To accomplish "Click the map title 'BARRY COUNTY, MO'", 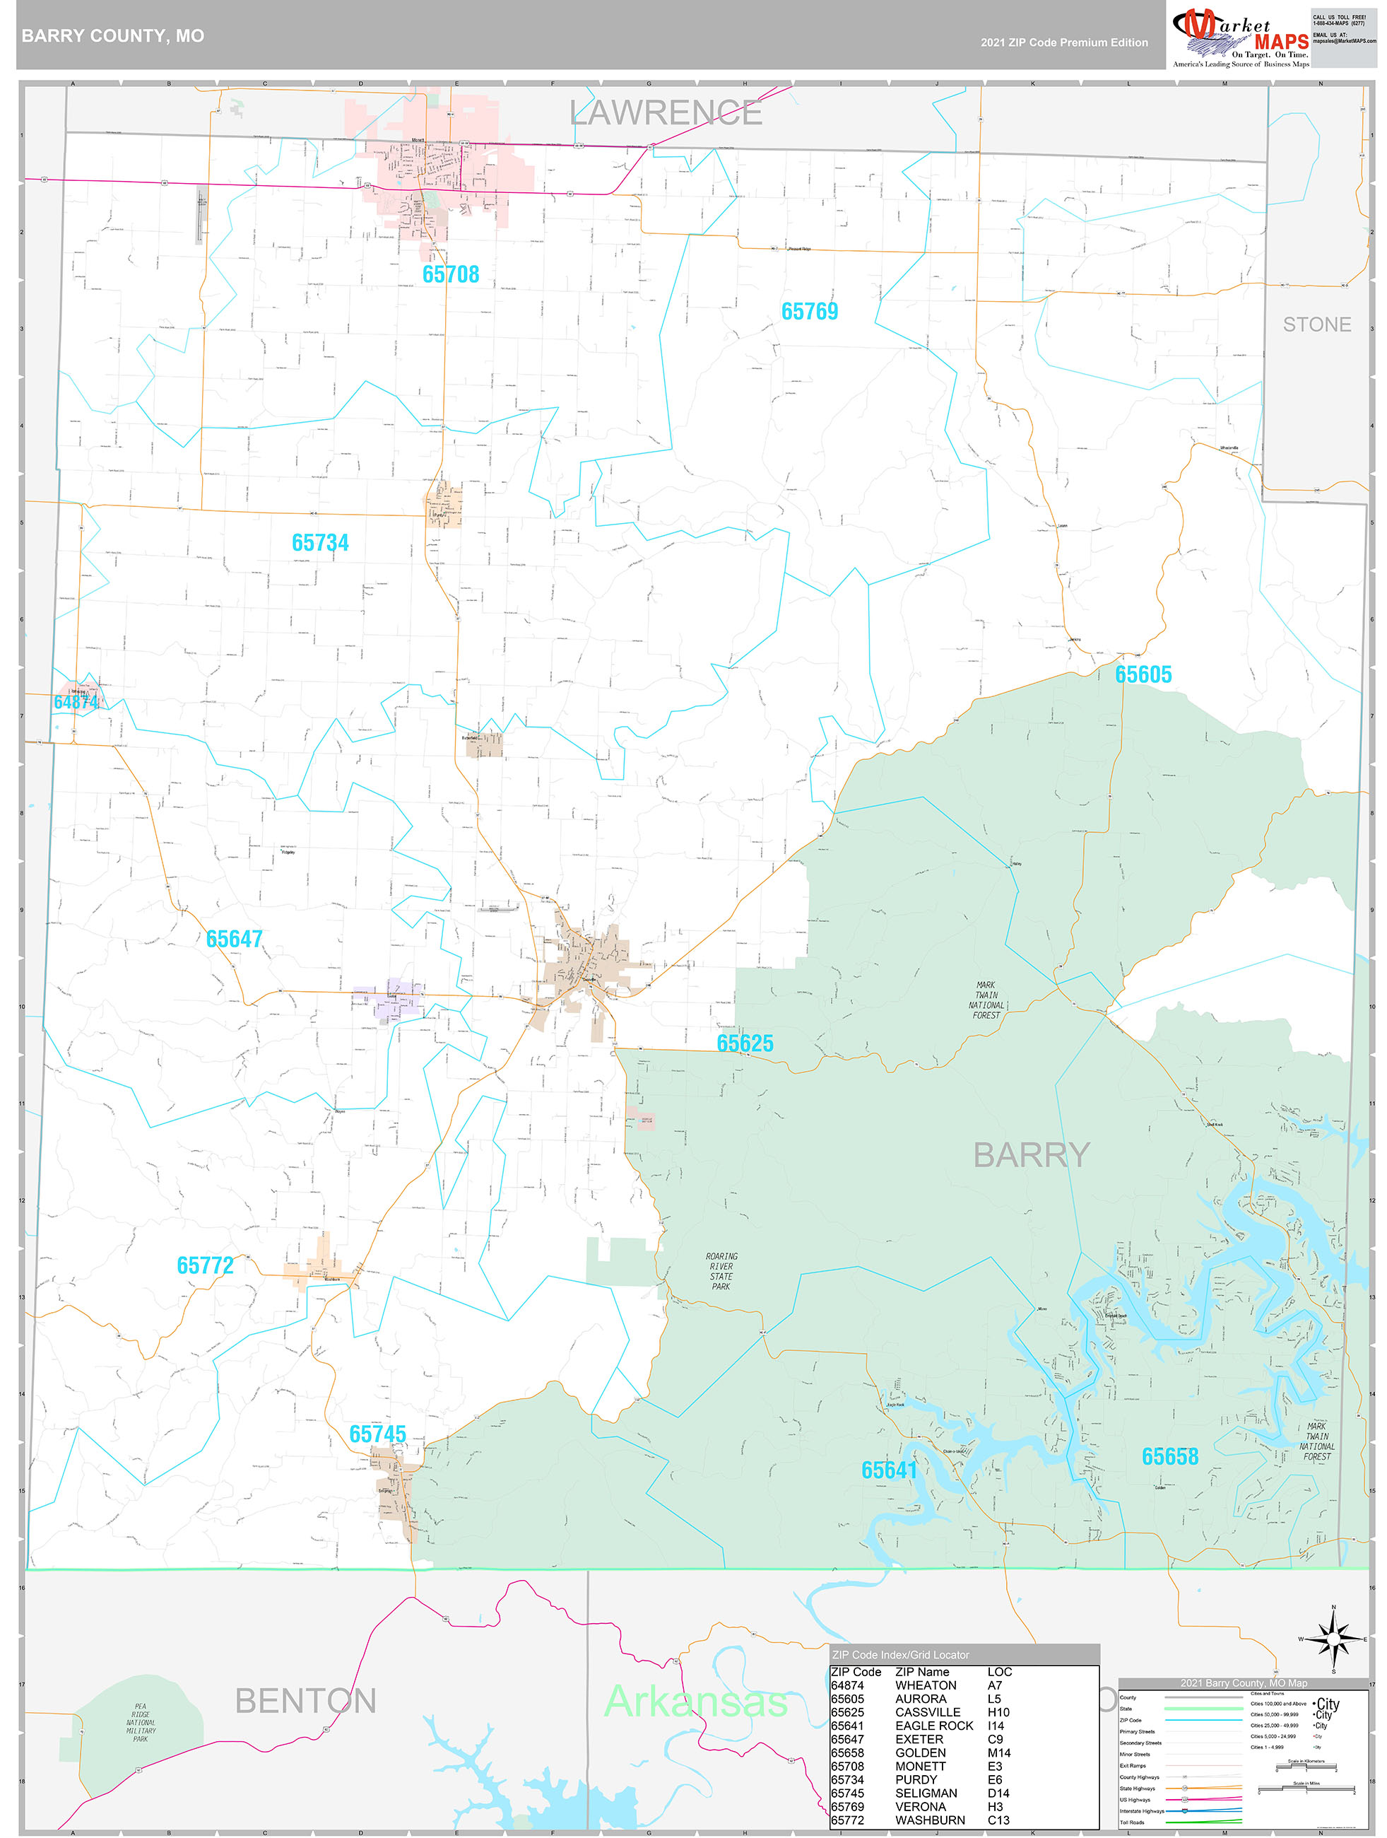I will pos(113,36).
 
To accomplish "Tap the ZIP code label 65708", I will pos(450,274).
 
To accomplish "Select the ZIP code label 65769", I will pos(809,312).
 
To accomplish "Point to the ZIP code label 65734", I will pos(320,543).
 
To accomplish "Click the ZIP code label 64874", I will pos(76,702).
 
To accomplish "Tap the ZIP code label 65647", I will pos(234,939).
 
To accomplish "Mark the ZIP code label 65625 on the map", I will pos(744,1043).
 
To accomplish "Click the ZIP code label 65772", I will pos(205,1265).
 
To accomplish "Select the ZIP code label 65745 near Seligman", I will pos(377,1434).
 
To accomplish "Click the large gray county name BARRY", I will pos(1031,1155).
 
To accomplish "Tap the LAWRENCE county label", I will pos(666,113).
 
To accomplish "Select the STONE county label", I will pos(1316,325).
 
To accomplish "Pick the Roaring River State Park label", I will pos(721,1271).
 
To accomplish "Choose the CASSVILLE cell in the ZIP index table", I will pos(927,1713).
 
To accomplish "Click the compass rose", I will pos(1333,1639).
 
